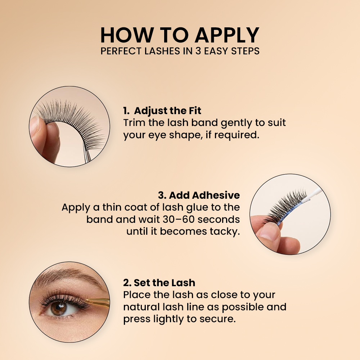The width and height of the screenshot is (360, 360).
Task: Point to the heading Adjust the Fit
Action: [167, 110]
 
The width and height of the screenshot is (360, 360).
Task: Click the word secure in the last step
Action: [220, 319]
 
